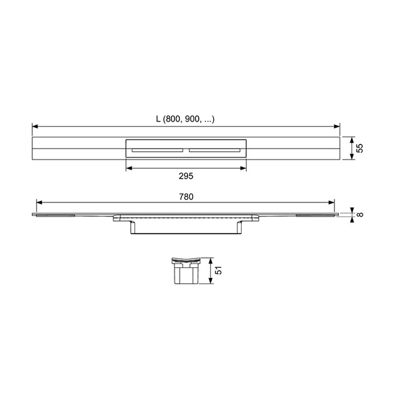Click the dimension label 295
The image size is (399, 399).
pyautogui.click(x=186, y=176)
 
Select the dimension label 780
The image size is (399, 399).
pyautogui.click(x=186, y=197)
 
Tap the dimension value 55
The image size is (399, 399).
pyautogui.click(x=360, y=148)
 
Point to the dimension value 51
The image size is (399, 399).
pyautogui.click(x=218, y=270)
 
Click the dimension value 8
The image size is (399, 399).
pyautogui.click(x=360, y=214)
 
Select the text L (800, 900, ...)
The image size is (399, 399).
pyautogui.click(x=185, y=119)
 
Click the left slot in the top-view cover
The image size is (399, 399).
pyautogui.click(x=157, y=150)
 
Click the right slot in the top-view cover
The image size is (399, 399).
pyautogui.click(x=214, y=150)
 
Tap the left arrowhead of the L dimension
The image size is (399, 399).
pyautogui.click(x=35, y=126)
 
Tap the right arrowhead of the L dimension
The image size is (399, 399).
pyautogui.click(x=337, y=126)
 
